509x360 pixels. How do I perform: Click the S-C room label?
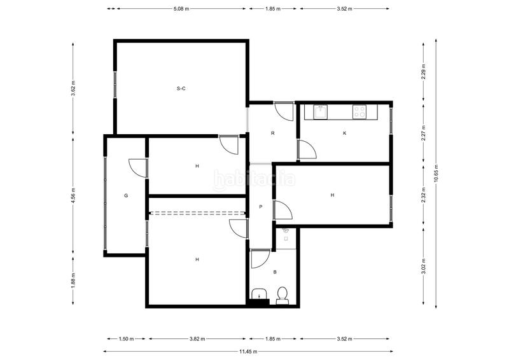pyautogui.click(x=181, y=88)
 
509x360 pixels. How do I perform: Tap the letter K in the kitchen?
pyautogui.click(x=344, y=134)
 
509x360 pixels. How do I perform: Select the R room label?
pyautogui.click(x=272, y=134)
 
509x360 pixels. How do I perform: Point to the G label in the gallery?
pyautogui.click(x=126, y=195)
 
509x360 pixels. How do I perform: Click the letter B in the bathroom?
pyautogui.click(x=274, y=272)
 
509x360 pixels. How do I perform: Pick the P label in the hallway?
pyautogui.click(x=261, y=207)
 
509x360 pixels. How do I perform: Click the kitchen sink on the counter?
pyautogui.click(x=321, y=112)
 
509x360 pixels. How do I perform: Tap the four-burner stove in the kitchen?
pyautogui.click(x=359, y=112)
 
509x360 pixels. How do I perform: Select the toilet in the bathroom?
pyautogui.click(x=283, y=294)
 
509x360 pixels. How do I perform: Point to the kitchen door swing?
pyautogui.click(x=308, y=151)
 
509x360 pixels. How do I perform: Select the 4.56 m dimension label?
pyautogui.click(x=73, y=195)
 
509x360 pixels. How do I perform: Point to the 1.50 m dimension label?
pyautogui.click(x=126, y=339)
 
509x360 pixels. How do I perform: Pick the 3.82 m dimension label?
pyautogui.click(x=197, y=339)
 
